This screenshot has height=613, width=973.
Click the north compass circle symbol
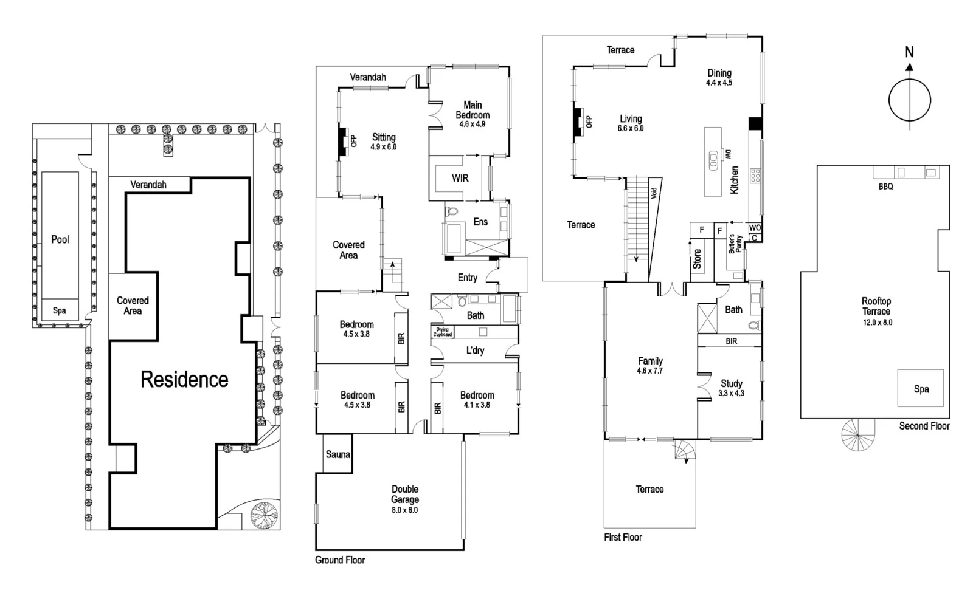(x=909, y=101)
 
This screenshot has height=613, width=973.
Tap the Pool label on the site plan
(x=60, y=239)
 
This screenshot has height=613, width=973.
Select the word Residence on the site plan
(x=184, y=380)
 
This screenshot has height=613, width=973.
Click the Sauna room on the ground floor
(x=338, y=454)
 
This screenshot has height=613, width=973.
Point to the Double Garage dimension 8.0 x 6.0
(x=404, y=510)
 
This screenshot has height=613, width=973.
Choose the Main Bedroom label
(x=473, y=110)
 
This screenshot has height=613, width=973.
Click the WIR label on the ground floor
(x=460, y=178)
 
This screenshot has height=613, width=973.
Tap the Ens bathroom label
(x=480, y=222)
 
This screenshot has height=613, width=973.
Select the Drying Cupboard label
(x=442, y=332)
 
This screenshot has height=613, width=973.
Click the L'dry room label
(x=475, y=351)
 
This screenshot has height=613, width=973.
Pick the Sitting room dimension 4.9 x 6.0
(x=383, y=147)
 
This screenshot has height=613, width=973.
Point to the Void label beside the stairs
(x=654, y=193)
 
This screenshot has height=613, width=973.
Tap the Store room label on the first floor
(x=697, y=259)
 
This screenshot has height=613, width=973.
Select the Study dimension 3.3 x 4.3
(x=731, y=393)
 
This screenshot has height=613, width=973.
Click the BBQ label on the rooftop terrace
(x=885, y=187)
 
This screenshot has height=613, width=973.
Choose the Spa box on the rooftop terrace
(x=921, y=389)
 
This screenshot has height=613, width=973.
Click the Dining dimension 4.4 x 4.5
(x=719, y=83)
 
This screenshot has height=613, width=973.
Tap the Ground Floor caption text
(x=339, y=560)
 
